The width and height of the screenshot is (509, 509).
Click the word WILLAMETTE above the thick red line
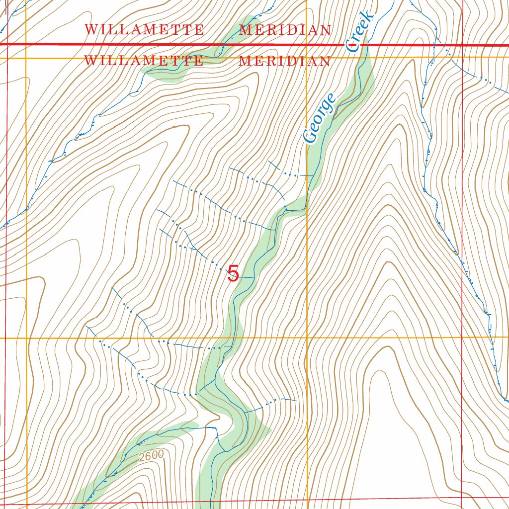144,30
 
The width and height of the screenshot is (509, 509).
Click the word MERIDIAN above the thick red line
285,30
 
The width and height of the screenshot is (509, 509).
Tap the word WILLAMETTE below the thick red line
144,61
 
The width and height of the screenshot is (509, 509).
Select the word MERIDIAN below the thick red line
284,61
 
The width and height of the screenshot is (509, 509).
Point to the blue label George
320,118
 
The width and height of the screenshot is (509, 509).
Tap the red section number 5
233,274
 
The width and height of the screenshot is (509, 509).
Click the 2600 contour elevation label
151,456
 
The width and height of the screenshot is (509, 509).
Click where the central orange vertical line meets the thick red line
307,45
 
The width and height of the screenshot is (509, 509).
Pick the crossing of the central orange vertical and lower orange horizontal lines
307,338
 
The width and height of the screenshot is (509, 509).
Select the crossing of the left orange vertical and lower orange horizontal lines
26,338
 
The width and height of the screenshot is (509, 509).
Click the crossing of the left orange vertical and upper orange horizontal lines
26,58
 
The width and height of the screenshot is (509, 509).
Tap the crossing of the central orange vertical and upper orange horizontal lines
307,58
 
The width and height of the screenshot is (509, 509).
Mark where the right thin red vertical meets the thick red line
462,45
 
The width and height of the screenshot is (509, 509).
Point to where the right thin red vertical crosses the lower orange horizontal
463,338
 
